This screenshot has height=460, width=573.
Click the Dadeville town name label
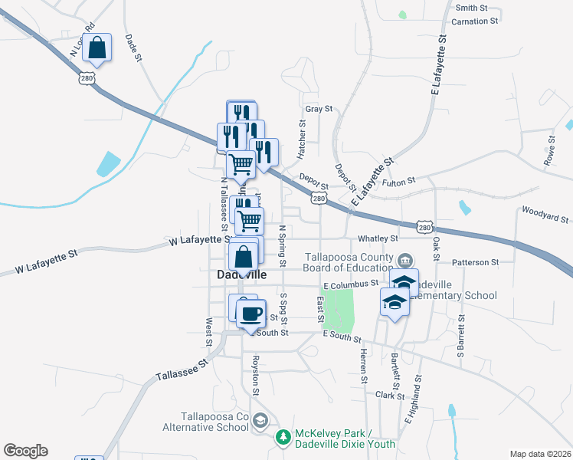[x=241, y=274]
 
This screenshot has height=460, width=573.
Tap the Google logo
[x=25, y=451]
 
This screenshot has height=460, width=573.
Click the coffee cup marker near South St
[x=250, y=314]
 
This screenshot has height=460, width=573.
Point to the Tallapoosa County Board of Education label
[x=349, y=262]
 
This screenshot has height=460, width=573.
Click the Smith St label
[x=471, y=8]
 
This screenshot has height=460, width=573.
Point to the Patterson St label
[x=475, y=262]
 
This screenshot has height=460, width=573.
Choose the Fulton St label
[x=399, y=181]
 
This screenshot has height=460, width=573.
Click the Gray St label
[x=318, y=109]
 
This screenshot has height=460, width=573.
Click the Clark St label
[x=390, y=396]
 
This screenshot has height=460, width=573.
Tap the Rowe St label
[x=549, y=150]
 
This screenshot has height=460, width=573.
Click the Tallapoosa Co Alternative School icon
[x=260, y=420]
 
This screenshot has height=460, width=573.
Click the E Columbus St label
[x=351, y=284]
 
